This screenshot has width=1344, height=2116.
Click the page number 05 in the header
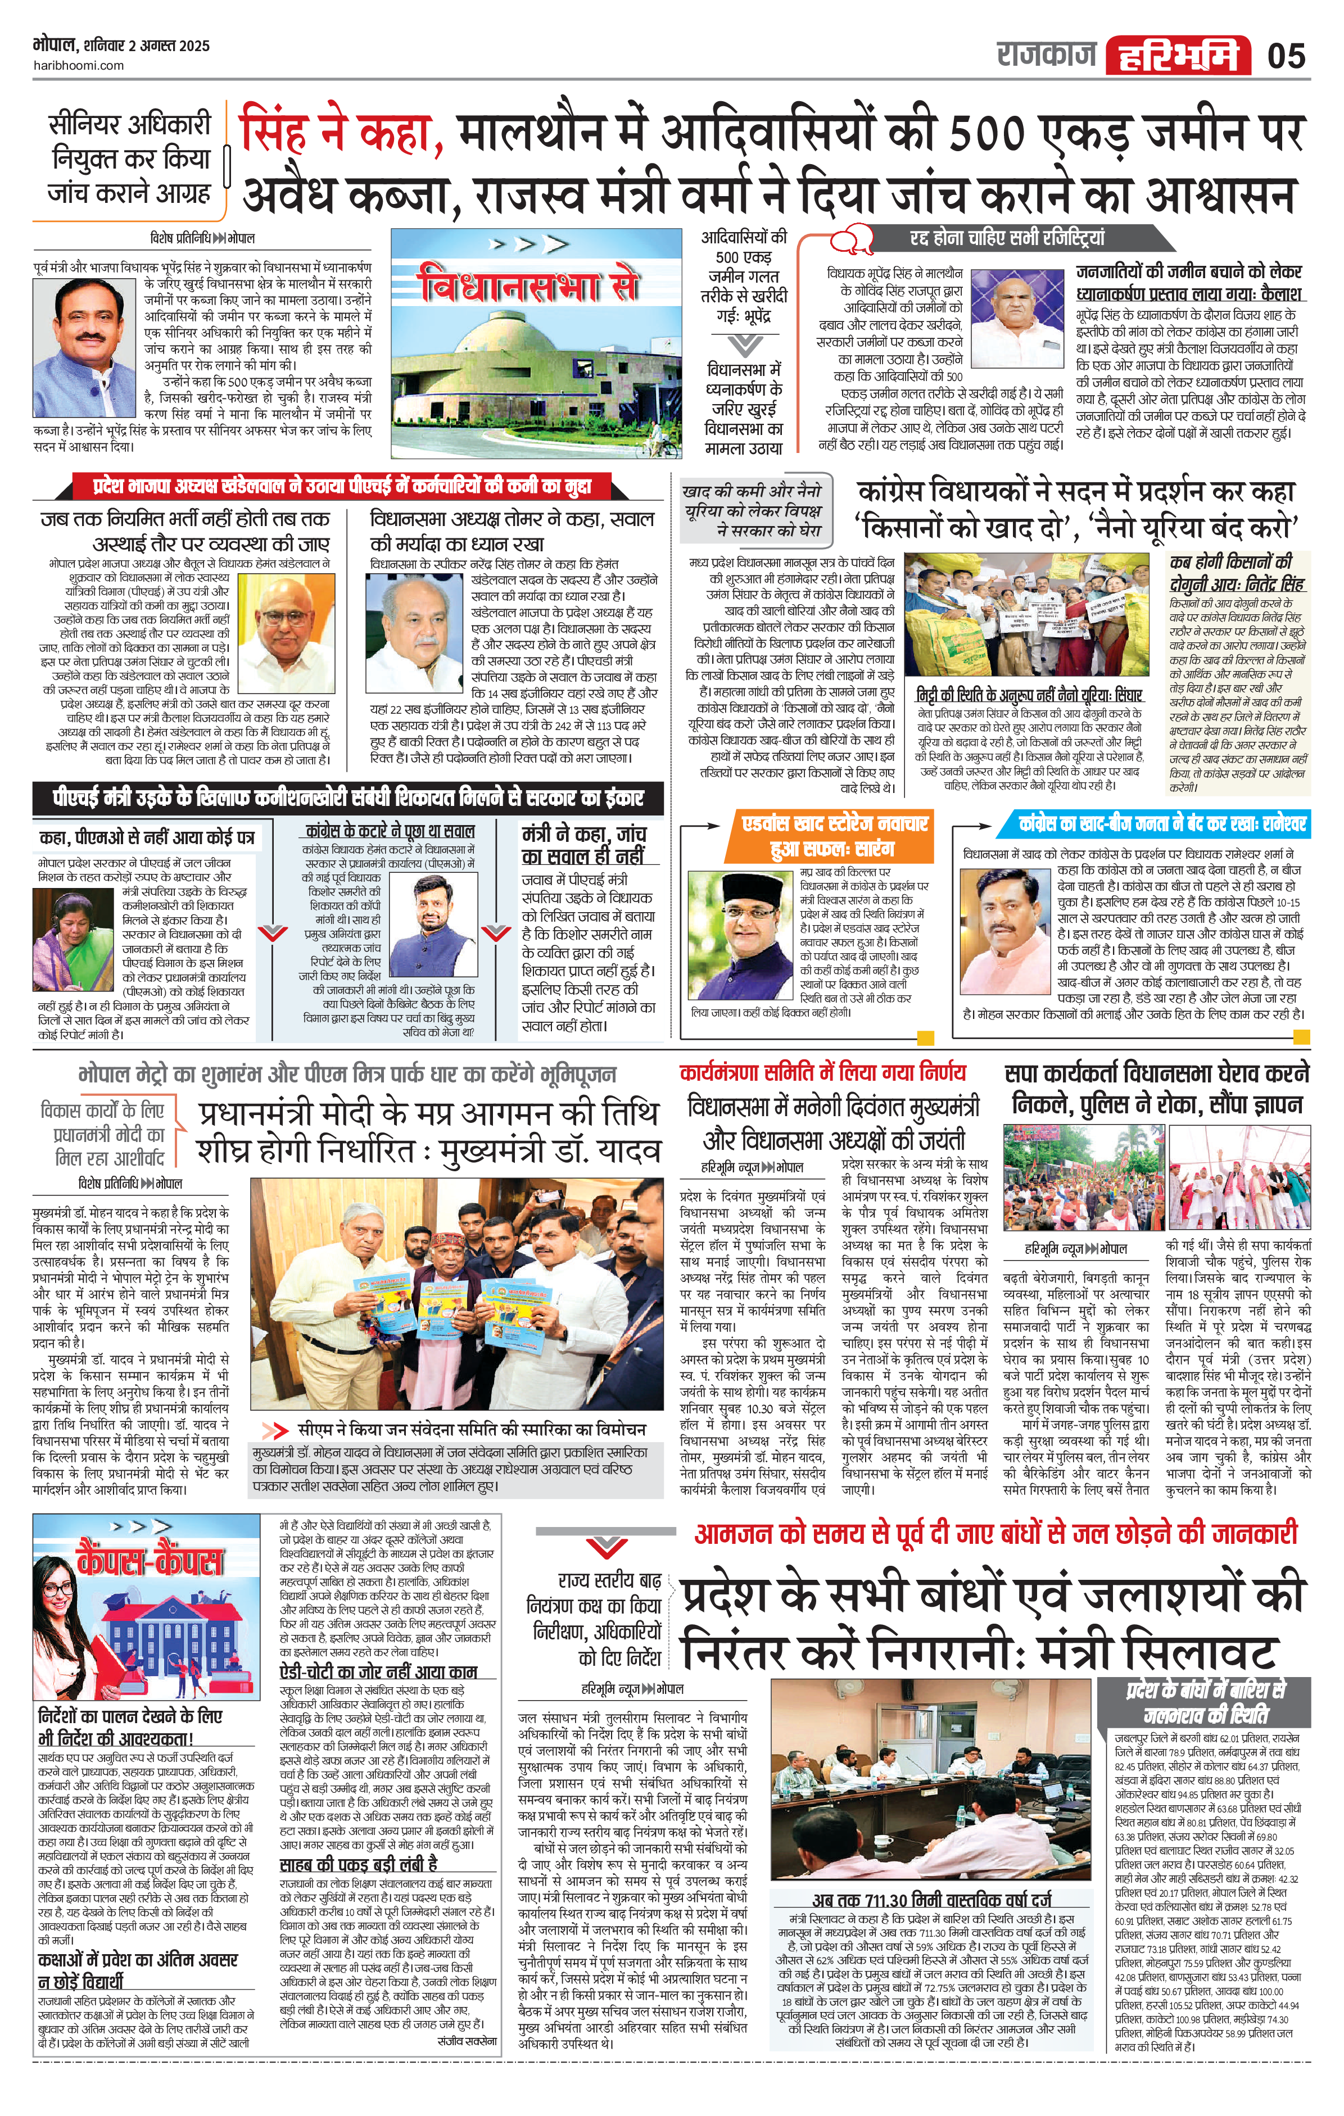(1286, 56)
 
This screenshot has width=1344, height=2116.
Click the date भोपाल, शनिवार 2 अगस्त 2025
(122, 45)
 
